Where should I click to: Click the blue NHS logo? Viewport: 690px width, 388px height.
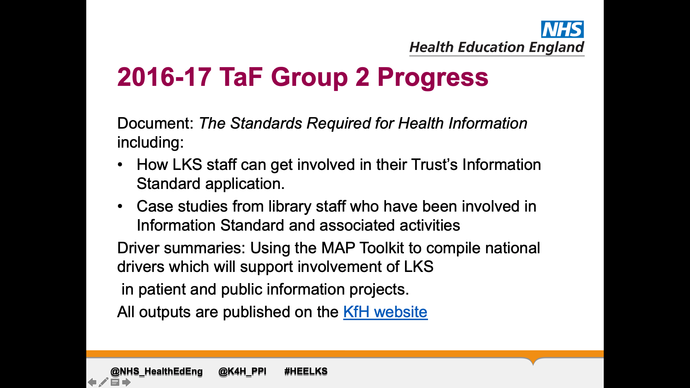pyautogui.click(x=562, y=29)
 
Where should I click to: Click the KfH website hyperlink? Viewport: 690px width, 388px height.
pyautogui.click(x=385, y=312)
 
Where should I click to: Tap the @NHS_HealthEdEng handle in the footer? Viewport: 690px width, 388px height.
pyautogui.click(x=157, y=371)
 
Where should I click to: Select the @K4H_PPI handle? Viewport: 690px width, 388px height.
pyautogui.click(x=243, y=371)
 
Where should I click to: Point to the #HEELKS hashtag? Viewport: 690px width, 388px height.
pyautogui.click(x=306, y=371)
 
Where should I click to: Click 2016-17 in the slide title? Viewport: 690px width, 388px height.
pyautogui.click(x=164, y=77)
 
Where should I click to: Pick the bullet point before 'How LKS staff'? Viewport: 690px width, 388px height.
pyautogui.click(x=120, y=165)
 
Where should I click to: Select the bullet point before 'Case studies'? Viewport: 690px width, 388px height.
pyautogui.click(x=120, y=207)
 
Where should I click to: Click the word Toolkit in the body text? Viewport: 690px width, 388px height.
pyautogui.click(x=382, y=248)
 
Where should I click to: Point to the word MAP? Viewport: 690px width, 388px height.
pyautogui.click(x=338, y=248)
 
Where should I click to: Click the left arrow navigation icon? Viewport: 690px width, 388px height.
pyautogui.click(x=92, y=382)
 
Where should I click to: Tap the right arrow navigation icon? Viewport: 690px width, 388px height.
pyautogui.click(x=126, y=382)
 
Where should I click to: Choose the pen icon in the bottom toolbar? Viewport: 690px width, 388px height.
pyautogui.click(x=103, y=382)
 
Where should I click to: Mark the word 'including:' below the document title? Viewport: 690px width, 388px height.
pyautogui.click(x=151, y=143)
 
